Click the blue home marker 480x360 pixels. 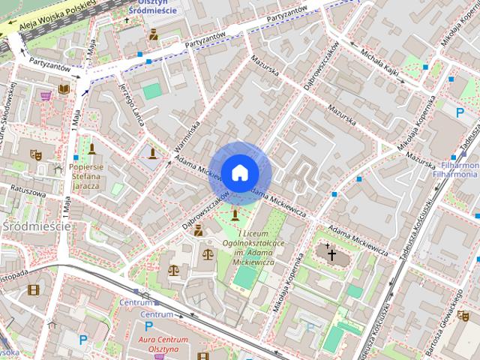(239, 172)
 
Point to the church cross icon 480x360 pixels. (331, 254)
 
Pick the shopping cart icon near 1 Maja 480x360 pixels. (46, 96)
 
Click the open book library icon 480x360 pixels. (64, 88)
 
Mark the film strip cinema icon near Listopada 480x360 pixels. (33, 289)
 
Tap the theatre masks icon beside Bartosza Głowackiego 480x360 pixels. (464, 317)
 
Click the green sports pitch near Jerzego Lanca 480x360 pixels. (152, 91)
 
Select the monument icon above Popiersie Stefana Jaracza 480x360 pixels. (91, 148)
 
